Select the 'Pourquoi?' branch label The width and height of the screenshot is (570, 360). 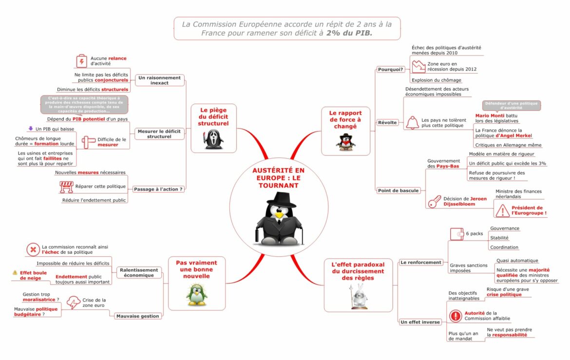[x=391, y=69]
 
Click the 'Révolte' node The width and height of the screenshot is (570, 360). [x=388, y=122]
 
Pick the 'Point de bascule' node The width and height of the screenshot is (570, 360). [x=398, y=190]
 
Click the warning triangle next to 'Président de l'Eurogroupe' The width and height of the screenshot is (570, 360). [x=502, y=210]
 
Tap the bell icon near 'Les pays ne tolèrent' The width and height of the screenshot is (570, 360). [x=412, y=122]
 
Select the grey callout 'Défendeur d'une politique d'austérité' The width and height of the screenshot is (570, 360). [x=511, y=105]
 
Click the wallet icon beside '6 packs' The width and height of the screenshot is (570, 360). [x=456, y=234]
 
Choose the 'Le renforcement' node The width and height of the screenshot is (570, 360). [x=421, y=263]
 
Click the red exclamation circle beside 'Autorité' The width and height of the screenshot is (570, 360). [x=455, y=316]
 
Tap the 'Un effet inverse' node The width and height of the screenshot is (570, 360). [x=420, y=322]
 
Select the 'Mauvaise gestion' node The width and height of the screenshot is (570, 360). [x=137, y=316]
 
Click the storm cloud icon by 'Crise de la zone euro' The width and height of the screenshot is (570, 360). [x=74, y=303]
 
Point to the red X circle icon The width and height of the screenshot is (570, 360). [x=33, y=250]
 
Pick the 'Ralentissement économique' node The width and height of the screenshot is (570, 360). [x=139, y=272]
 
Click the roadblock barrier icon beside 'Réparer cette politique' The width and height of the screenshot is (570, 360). [x=66, y=187]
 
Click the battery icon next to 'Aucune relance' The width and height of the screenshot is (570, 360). [x=81, y=61]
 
